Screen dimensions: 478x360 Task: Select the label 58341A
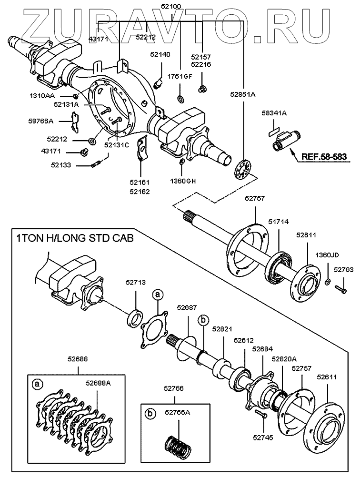(x=274, y=113)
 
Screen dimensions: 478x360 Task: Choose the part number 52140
(x=160, y=55)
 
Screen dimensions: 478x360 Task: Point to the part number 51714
(x=278, y=222)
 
